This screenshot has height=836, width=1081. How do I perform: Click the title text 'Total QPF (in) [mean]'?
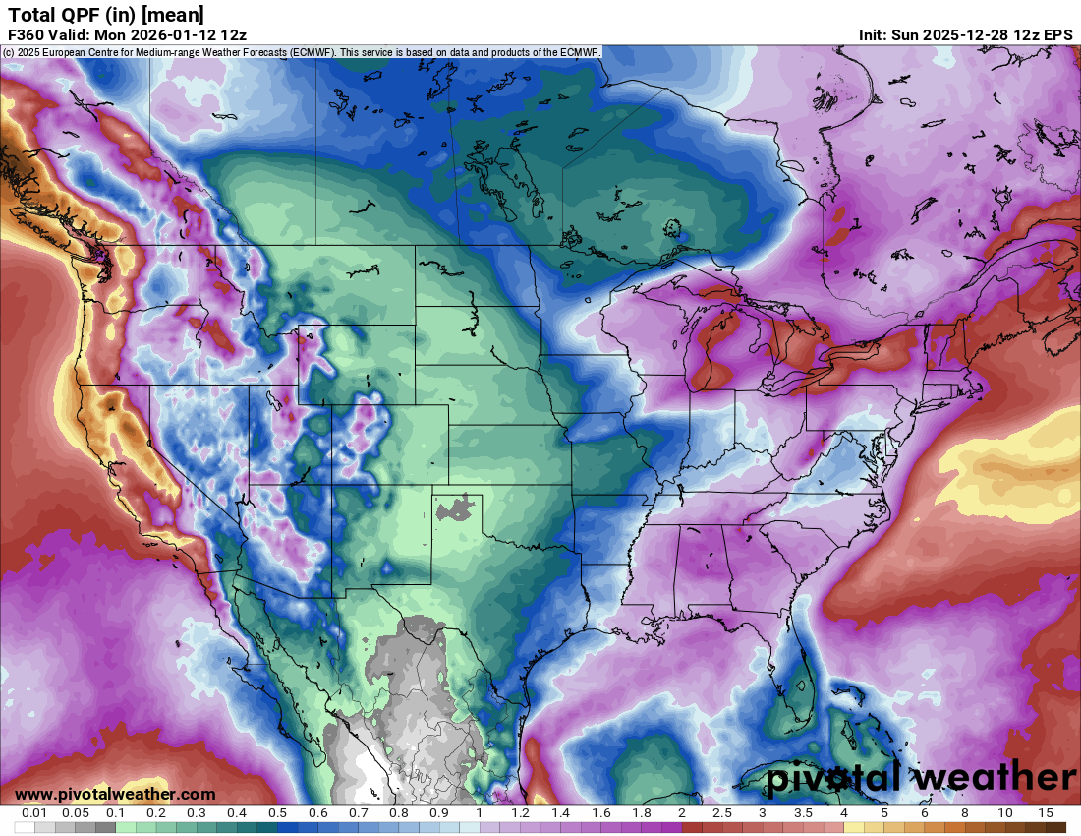(x=106, y=14)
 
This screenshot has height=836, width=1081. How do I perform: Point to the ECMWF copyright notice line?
(x=302, y=52)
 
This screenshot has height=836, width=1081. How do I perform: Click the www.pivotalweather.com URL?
(x=115, y=794)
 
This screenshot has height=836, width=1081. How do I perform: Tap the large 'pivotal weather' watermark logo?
(x=921, y=778)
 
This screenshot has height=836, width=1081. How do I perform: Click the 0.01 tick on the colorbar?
(x=35, y=813)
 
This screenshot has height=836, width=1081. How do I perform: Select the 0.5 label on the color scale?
(x=278, y=813)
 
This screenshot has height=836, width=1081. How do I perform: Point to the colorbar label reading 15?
(x=1045, y=813)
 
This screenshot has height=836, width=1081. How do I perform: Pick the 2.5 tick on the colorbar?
(x=722, y=813)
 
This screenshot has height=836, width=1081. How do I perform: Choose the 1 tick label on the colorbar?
(x=480, y=813)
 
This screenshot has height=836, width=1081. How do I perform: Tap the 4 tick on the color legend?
(x=843, y=813)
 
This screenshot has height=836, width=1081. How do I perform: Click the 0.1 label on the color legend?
(x=116, y=813)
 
